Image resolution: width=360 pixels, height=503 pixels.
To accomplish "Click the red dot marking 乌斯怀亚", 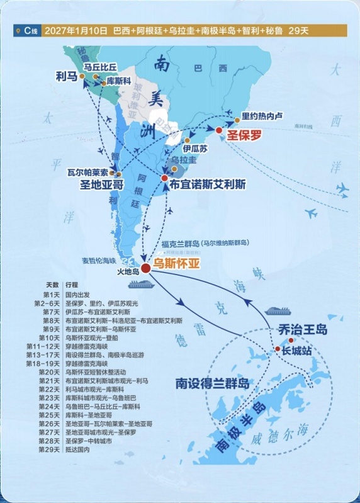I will (x=145, y=268).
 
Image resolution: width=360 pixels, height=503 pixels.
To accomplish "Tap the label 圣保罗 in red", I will (x=242, y=134).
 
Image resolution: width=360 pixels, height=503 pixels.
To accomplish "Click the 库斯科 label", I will (x=119, y=82).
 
